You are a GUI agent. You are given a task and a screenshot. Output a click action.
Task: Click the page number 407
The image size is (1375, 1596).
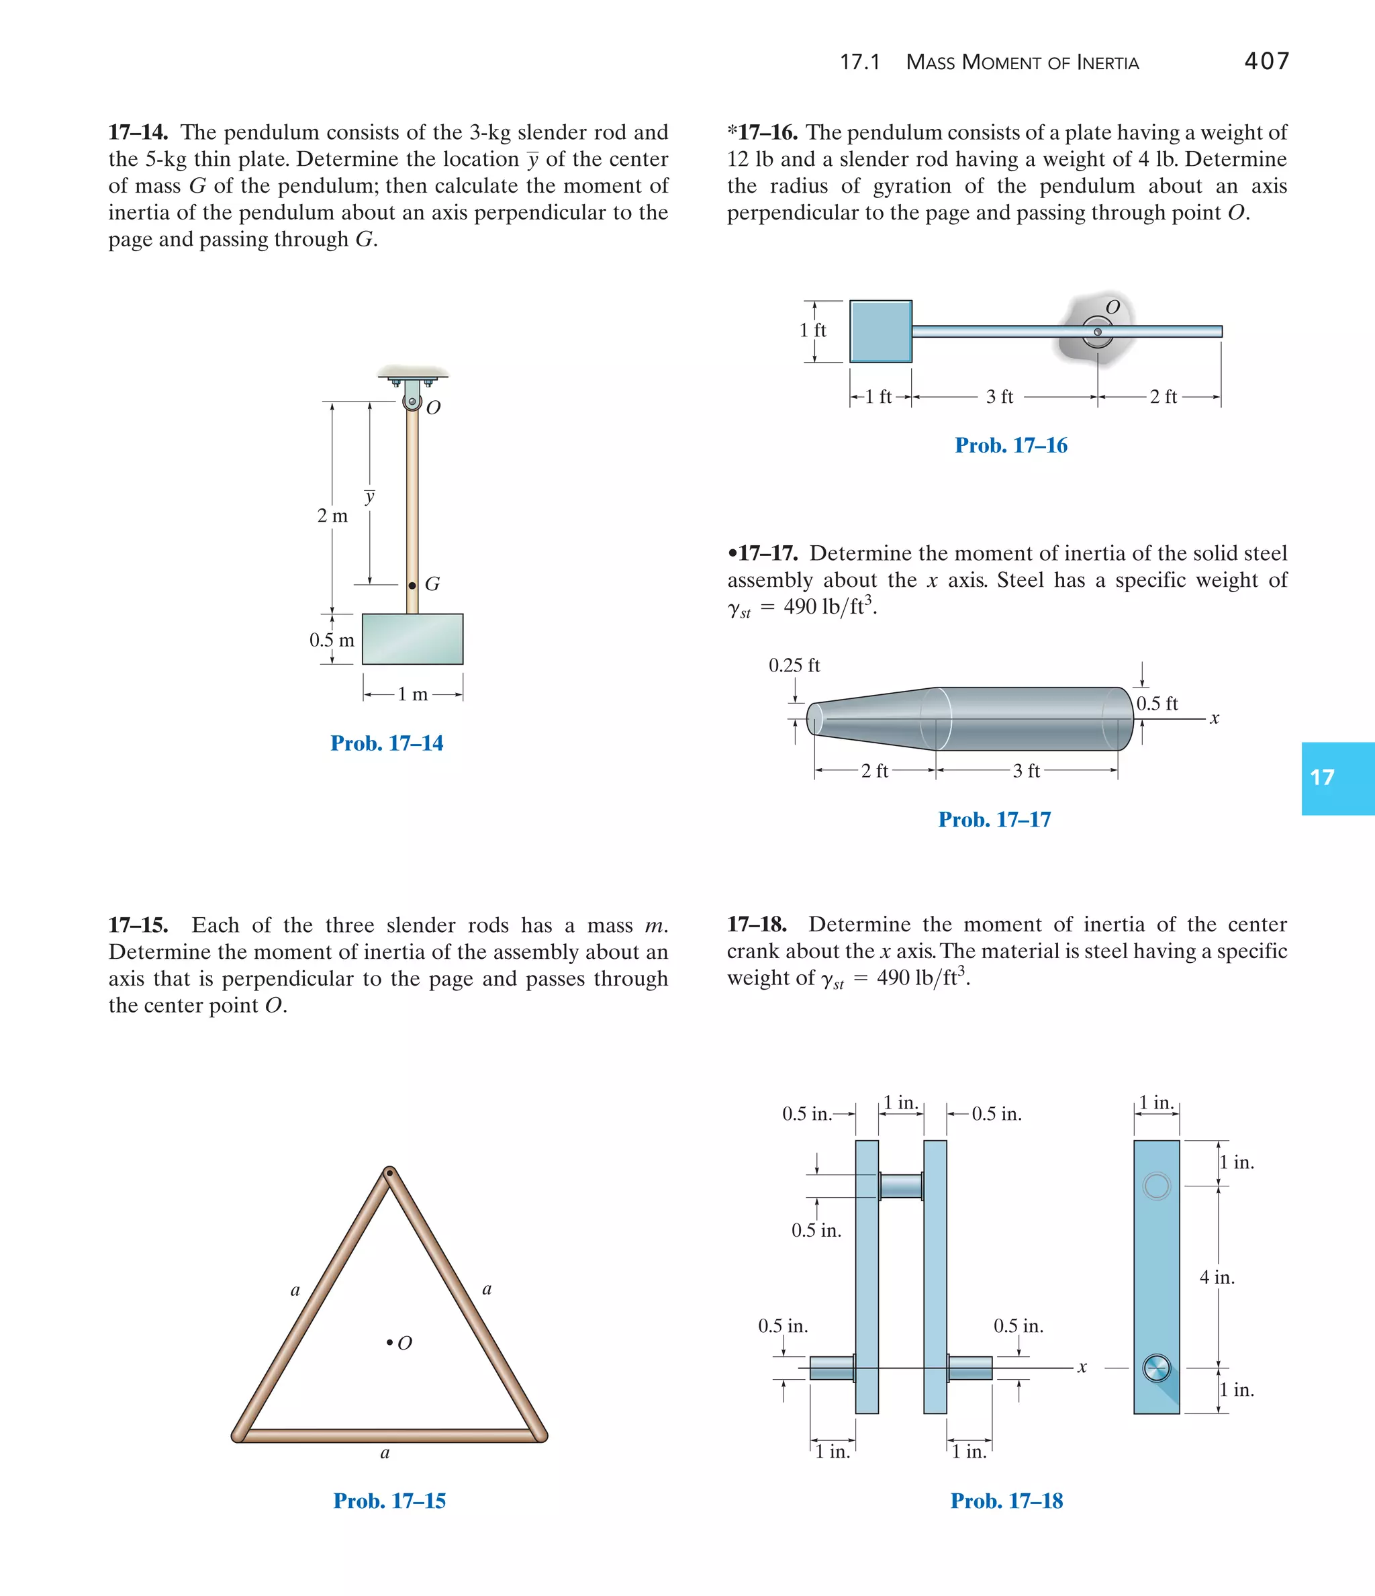click(x=1266, y=61)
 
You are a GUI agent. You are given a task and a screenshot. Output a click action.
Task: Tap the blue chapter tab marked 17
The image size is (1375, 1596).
click(x=1337, y=778)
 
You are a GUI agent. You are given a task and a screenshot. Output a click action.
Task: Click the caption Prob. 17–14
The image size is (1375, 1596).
click(x=387, y=743)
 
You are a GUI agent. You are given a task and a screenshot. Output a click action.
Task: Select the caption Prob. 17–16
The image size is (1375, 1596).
click(x=1010, y=445)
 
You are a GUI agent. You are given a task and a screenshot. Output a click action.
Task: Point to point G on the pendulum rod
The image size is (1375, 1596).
click(x=412, y=585)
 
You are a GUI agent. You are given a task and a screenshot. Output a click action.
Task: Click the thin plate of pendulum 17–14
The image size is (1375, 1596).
click(x=412, y=639)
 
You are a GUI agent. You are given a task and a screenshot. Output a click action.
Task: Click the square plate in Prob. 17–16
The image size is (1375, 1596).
click(x=880, y=331)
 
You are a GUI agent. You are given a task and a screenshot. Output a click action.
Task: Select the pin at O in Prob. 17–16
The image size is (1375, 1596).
click(x=1098, y=332)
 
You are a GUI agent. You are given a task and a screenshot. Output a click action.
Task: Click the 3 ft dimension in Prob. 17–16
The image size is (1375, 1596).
click(x=1000, y=397)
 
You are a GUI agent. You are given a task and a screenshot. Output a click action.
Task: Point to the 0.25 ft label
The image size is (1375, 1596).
click(x=794, y=665)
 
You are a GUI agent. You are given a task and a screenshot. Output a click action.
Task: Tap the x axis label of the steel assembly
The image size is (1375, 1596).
click(x=1214, y=718)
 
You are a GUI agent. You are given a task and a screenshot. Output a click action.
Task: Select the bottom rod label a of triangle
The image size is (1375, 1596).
click(x=385, y=1453)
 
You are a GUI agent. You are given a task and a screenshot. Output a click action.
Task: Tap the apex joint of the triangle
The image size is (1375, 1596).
click(x=390, y=1173)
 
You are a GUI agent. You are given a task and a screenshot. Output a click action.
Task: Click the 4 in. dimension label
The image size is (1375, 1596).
click(x=1217, y=1277)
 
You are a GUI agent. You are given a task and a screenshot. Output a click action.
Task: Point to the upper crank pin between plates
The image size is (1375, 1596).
click(x=900, y=1186)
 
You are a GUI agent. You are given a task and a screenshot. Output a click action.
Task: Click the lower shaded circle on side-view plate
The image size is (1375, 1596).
click(x=1156, y=1368)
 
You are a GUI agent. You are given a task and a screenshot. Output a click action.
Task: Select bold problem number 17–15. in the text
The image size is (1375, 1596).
click(x=139, y=925)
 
